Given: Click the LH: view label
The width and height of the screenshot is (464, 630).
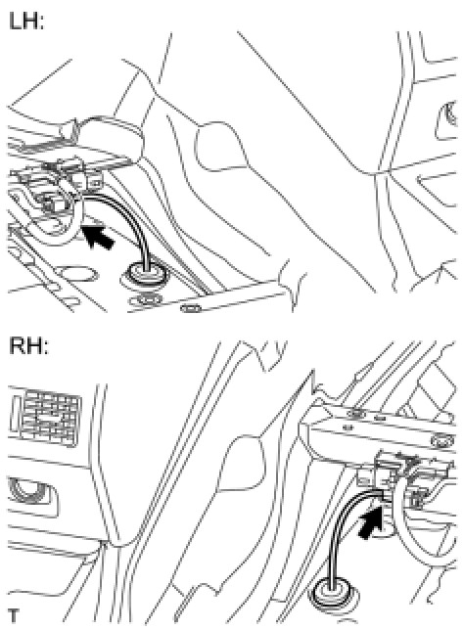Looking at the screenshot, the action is [x=25, y=21].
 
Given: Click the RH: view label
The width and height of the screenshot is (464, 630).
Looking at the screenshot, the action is [x=27, y=345].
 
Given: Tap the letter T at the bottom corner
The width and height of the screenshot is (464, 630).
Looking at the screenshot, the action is [x=14, y=615].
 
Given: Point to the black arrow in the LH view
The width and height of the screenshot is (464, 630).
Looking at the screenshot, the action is [x=98, y=238].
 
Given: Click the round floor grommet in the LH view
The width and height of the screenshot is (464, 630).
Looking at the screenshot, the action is [x=146, y=275].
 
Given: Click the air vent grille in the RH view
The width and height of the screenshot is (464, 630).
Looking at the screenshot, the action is [x=45, y=417].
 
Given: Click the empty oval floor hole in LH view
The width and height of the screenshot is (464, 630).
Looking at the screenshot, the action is [x=78, y=275].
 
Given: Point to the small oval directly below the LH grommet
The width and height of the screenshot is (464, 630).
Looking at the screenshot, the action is [x=146, y=299].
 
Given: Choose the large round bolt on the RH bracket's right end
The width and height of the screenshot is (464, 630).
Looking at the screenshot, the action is [x=442, y=441].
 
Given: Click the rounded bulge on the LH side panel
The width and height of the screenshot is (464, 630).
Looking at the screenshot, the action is [x=219, y=147].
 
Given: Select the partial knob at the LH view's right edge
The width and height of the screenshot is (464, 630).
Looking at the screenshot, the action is [x=448, y=116].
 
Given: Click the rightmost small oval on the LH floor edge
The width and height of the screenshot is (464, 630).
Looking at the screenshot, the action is [x=190, y=308].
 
